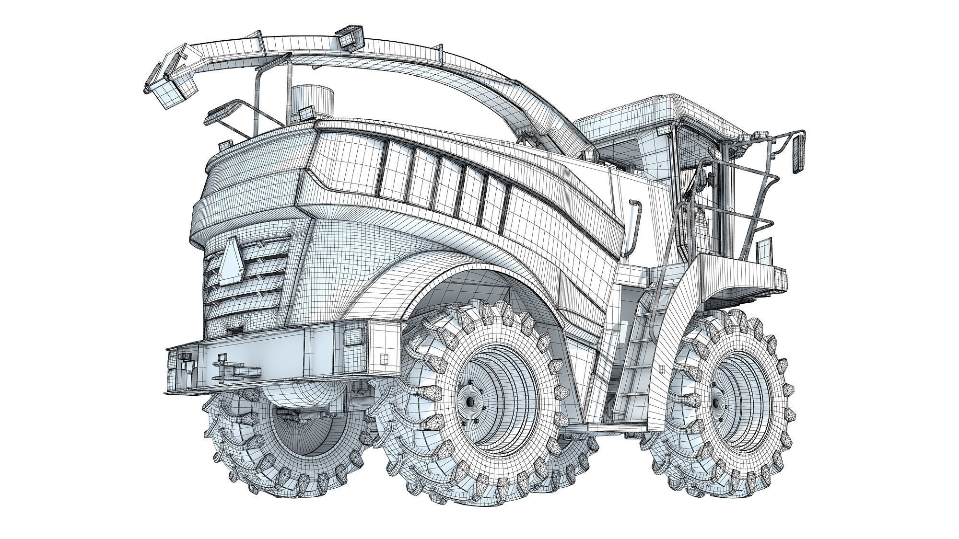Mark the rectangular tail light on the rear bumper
click(x=351, y=333)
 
